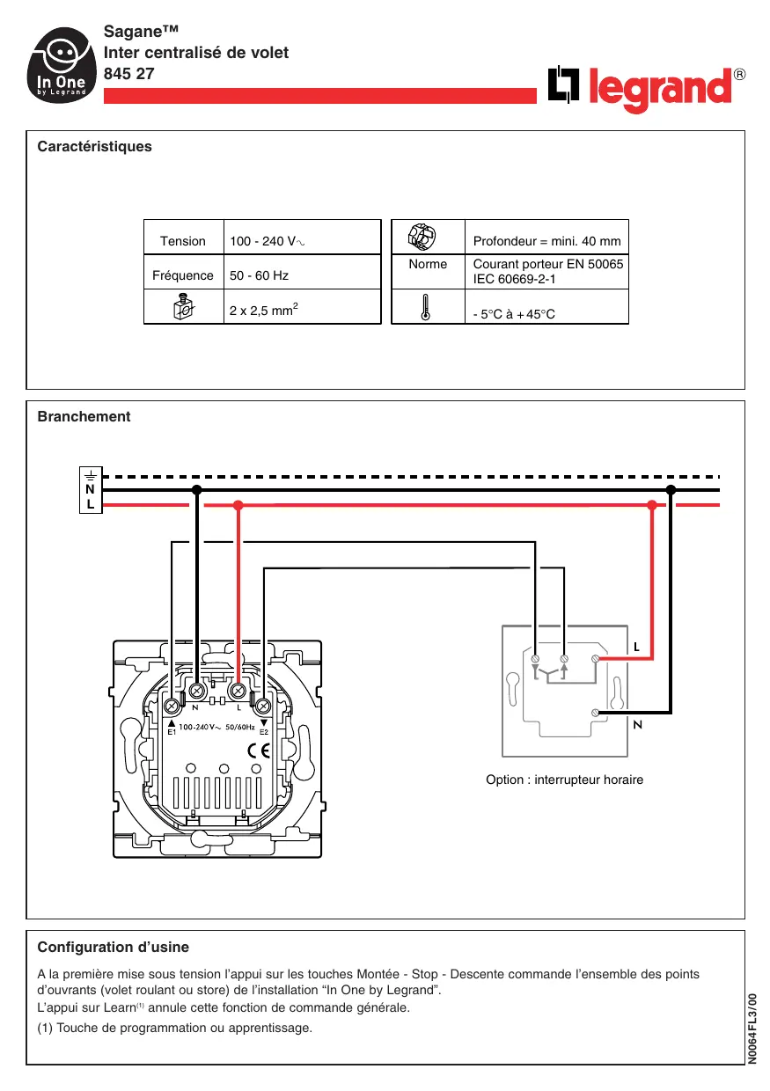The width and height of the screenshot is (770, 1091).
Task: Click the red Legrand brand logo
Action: click(x=646, y=89)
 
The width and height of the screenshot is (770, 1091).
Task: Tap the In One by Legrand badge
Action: click(x=62, y=65)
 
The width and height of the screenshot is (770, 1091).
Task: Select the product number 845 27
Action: click(x=129, y=74)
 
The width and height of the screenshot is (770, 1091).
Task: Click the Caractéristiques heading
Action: click(x=94, y=147)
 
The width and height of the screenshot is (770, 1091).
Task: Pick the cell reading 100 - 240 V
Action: click(x=268, y=241)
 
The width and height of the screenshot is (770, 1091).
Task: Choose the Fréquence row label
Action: click(x=183, y=275)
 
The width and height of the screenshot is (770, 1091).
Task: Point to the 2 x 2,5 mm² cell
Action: click(x=263, y=310)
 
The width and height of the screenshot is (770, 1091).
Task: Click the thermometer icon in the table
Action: click(x=426, y=307)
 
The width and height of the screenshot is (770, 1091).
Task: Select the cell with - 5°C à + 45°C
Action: click(x=514, y=314)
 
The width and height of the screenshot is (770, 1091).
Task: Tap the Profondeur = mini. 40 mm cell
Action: click(x=547, y=241)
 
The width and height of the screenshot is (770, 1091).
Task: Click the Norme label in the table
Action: click(x=428, y=264)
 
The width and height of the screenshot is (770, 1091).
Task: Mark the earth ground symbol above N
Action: click(x=91, y=475)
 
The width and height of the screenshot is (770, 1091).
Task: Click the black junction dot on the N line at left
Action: click(x=197, y=489)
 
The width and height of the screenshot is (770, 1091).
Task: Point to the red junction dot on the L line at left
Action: click(x=238, y=505)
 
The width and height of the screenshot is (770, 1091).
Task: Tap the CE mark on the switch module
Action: click(x=259, y=751)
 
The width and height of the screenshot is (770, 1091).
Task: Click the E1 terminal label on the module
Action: click(x=172, y=732)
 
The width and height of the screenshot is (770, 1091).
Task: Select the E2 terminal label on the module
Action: click(x=263, y=732)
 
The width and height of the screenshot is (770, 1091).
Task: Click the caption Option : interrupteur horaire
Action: click(x=564, y=780)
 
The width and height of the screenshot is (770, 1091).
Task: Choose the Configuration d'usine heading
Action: click(x=113, y=948)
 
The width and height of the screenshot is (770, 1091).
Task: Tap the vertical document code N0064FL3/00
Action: click(x=752, y=1029)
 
